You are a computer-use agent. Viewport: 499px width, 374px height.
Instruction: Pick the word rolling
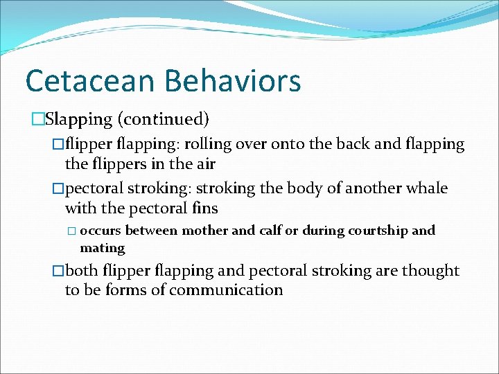[209, 144]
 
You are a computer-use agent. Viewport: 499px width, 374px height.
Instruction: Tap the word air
[204, 164]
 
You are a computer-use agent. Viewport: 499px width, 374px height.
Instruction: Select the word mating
[103, 247]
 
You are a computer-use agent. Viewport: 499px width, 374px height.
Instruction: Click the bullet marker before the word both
[58, 271]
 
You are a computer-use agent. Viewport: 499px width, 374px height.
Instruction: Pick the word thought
[434, 270]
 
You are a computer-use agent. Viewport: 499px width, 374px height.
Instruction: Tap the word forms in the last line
[123, 290]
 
